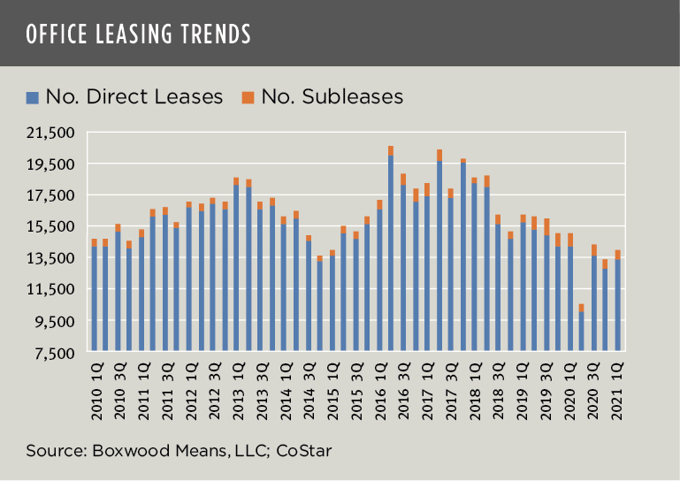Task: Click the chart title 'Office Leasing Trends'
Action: [x=139, y=34]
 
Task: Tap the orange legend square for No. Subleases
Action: [x=248, y=96]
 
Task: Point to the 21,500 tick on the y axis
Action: [x=55, y=133]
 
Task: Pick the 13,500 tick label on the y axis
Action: [x=55, y=258]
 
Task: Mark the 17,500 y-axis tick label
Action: [x=55, y=195]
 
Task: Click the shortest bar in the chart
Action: [x=581, y=332]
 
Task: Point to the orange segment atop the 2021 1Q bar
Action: [x=617, y=255]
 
